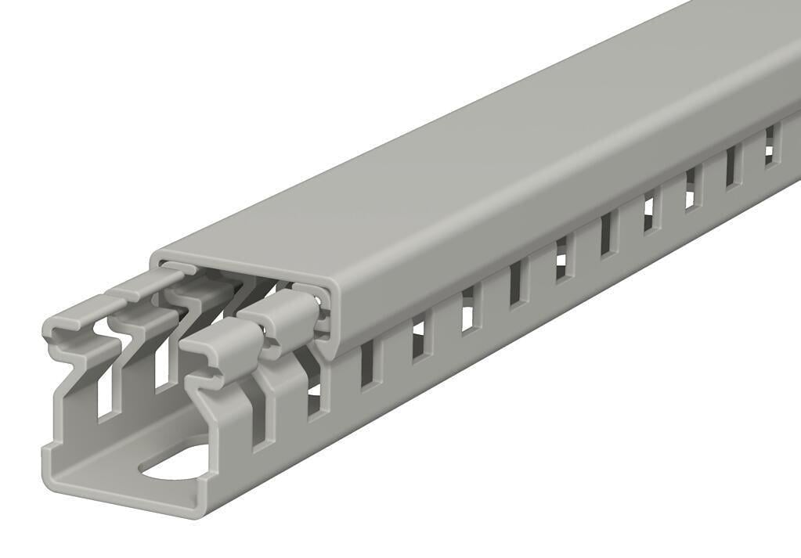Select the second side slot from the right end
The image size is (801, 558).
(x=732, y=167)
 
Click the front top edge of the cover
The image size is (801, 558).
(x=235, y=254)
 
